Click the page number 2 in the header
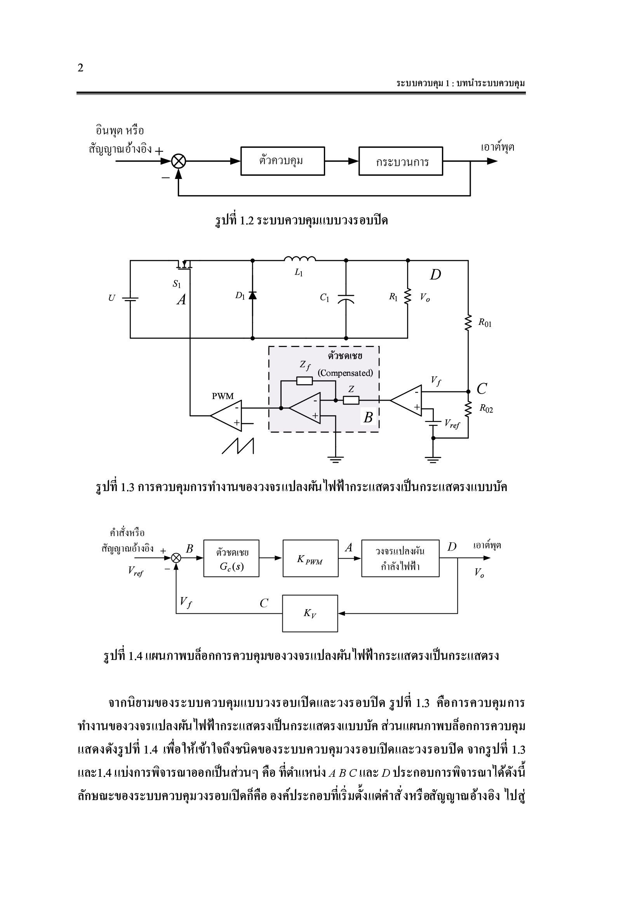(81, 68)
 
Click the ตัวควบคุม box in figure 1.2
(282, 161)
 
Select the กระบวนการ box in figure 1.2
(401, 161)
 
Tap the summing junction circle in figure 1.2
(178, 161)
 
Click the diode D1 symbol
(252, 295)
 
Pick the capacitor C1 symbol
(346, 299)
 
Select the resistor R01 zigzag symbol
(468, 322)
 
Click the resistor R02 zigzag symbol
(468, 409)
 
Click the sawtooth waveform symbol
(238, 446)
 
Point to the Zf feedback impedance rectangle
(304, 381)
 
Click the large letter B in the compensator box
(368, 417)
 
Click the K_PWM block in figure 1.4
(311, 558)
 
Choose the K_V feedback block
(310, 613)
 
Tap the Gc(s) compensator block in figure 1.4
(231, 558)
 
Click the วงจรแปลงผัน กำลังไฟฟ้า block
(400, 558)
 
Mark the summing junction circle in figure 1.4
(176, 558)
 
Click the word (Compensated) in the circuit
(345, 373)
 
